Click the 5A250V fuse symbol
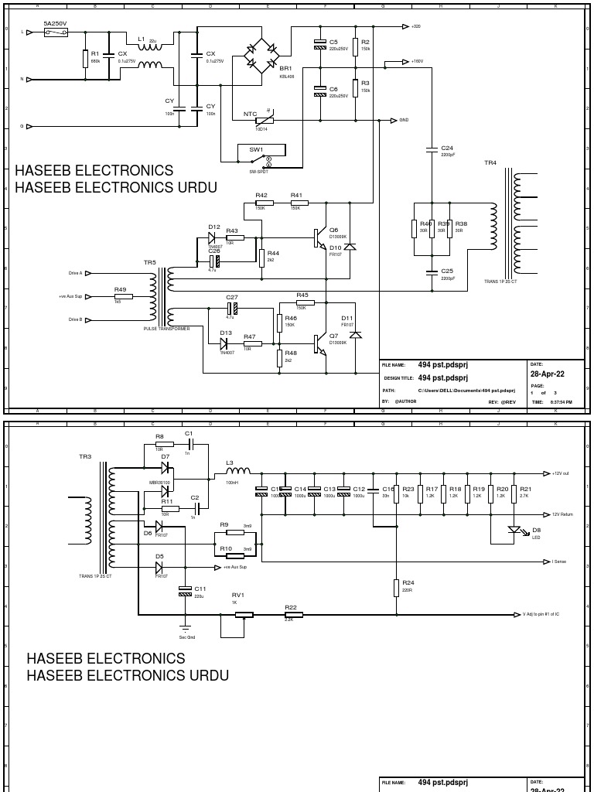(55, 32)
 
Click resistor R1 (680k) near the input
(85, 59)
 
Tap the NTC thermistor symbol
(265, 121)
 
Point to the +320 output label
(416, 26)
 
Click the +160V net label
(417, 61)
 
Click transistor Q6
(319, 238)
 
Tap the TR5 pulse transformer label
(149, 263)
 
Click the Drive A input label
(76, 273)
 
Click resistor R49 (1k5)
(120, 295)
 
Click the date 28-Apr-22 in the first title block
(546, 374)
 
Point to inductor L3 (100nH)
(237, 471)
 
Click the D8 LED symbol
(512, 531)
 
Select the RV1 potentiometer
(244, 615)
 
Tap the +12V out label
(561, 473)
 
